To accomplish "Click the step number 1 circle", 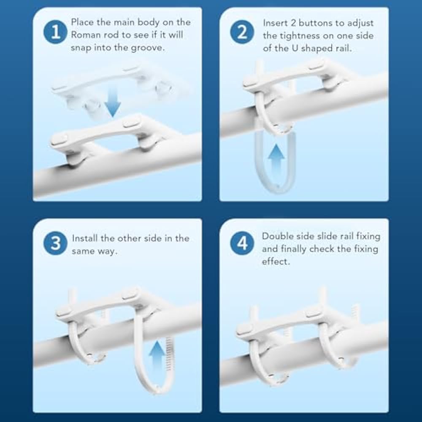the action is click(x=55, y=32).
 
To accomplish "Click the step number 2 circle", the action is click(x=242, y=32).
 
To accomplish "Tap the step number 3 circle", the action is click(x=55, y=243).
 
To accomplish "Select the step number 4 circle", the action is click(x=242, y=243).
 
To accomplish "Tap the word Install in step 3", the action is click(x=85, y=238).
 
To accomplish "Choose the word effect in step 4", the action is click(x=276, y=262).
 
